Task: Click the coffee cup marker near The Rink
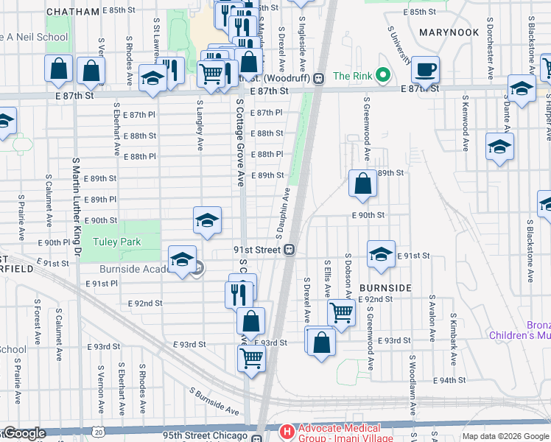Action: point(425,70)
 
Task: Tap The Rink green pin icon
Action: point(382,75)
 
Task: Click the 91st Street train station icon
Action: point(291,250)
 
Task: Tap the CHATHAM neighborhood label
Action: point(72,12)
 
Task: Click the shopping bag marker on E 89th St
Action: point(362,183)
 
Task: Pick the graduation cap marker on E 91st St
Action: point(380,254)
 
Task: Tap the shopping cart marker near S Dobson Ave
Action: point(341,312)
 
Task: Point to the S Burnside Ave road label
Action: point(214,401)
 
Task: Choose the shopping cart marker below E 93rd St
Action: point(251,359)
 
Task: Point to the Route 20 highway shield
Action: point(99,433)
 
